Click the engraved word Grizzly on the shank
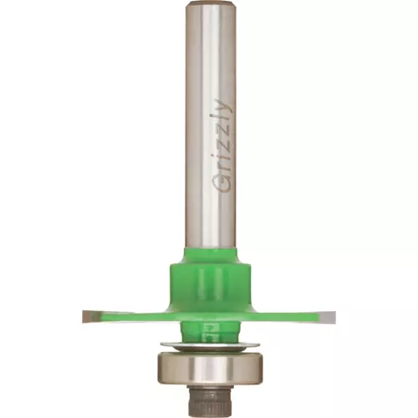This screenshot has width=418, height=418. (x=222, y=145)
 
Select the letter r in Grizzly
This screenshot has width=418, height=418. (x=222, y=171)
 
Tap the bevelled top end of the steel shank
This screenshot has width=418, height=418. (x=211, y=3)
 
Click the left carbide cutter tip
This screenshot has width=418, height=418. (x=91, y=316)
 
